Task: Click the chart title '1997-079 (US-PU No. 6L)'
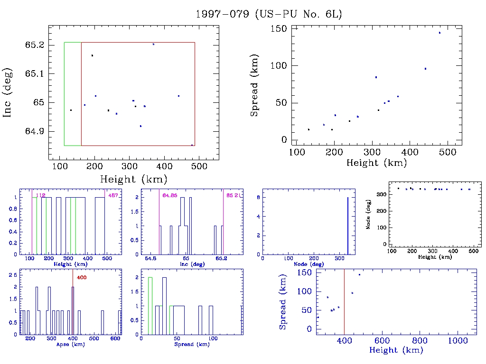pos(269,14)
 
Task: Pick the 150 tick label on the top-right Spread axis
pos(278,29)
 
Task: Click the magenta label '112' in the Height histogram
pos(41,195)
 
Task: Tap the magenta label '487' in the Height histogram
pos(113,195)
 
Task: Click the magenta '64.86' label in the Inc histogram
pos(170,195)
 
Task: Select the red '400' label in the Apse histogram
pos(81,277)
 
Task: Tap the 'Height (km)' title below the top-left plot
pos(133,179)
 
